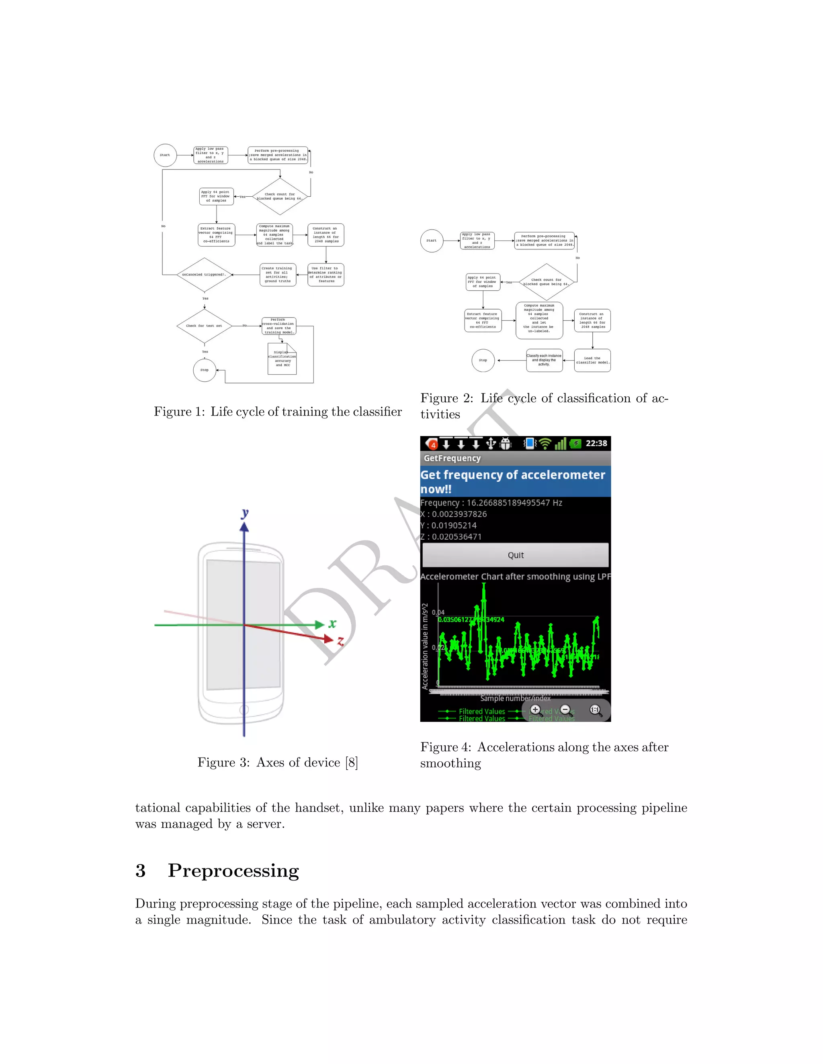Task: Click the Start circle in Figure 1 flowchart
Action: (165, 155)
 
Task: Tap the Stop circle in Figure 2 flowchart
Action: (483, 360)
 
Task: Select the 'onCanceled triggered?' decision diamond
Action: (204, 275)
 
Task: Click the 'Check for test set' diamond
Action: (204, 326)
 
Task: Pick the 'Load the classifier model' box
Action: (592, 361)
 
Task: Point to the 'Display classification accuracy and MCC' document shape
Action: (282, 359)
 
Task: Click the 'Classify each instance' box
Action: (544, 360)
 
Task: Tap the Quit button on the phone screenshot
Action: (515, 555)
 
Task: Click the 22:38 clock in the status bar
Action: (596, 443)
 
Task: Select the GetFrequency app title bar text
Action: (452, 459)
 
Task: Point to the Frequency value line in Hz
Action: (491, 503)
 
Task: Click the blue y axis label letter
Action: (245, 513)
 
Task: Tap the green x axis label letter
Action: (332, 624)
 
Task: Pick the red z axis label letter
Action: (340, 641)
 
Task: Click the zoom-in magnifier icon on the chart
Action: (535, 710)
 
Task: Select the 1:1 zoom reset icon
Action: (595, 710)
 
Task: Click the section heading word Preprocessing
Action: (233, 870)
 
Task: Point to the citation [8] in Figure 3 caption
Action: (352, 762)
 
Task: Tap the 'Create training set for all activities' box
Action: (277, 275)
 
